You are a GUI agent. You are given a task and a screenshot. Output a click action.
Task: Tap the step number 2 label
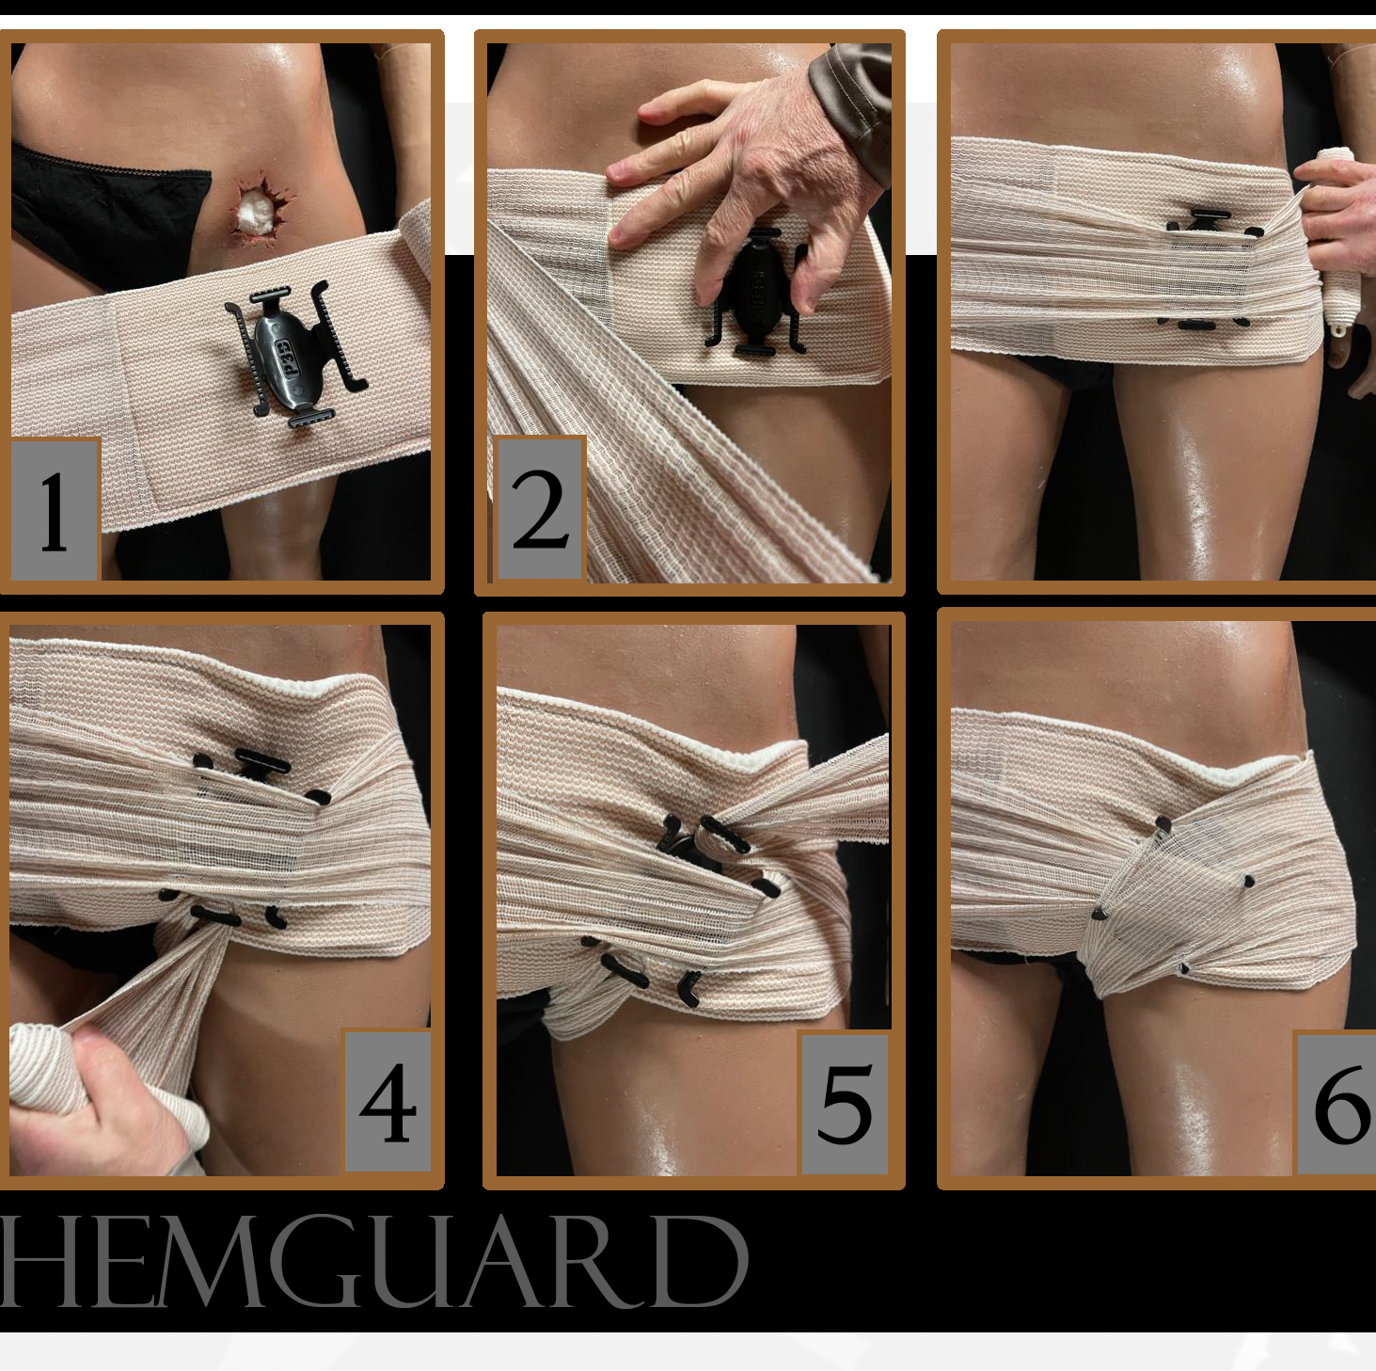[541, 509]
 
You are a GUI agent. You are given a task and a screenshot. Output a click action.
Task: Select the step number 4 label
[387, 1103]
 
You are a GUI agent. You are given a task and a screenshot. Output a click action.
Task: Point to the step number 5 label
[845, 1104]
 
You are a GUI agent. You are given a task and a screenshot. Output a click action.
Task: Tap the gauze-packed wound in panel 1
[259, 208]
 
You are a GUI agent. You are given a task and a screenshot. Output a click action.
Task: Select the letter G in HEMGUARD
[313, 1262]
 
